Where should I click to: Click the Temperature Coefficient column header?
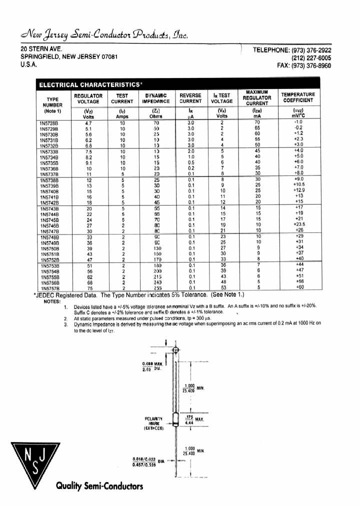point(298,97)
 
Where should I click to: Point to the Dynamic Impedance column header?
point(156,97)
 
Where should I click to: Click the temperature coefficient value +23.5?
point(299,225)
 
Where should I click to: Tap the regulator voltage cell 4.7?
point(88,122)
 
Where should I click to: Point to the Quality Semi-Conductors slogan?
point(99,486)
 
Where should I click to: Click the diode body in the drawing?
point(175,419)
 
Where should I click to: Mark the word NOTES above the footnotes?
point(51,301)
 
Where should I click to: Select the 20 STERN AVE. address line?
point(41,49)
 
